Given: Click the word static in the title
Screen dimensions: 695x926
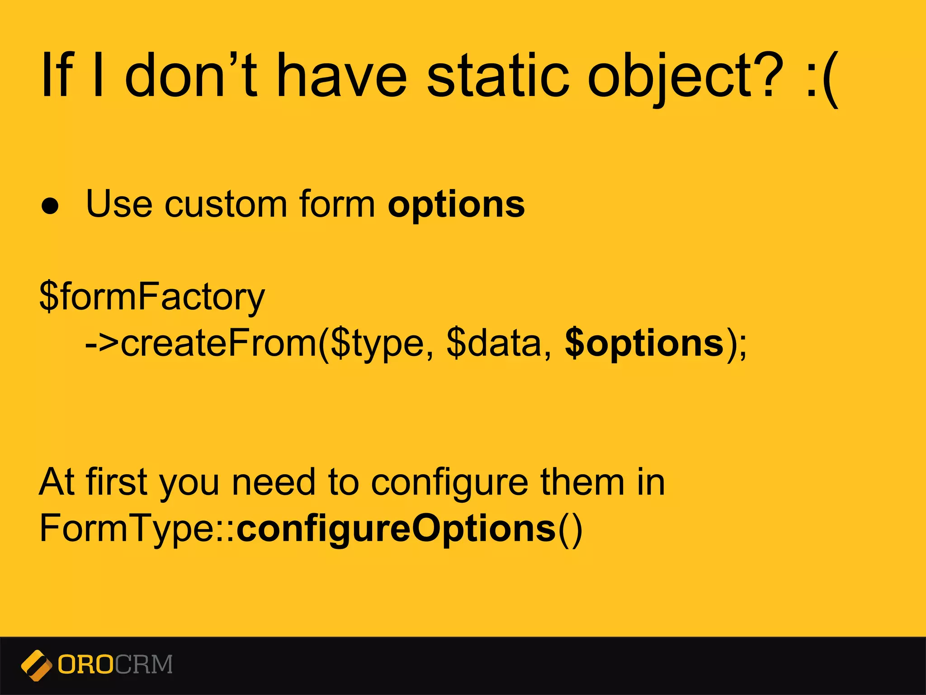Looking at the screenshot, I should (497, 76).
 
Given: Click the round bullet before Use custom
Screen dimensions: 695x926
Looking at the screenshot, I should (50, 206).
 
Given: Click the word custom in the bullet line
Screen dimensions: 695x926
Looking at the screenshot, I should (226, 205).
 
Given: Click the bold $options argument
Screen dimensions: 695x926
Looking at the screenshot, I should (644, 344).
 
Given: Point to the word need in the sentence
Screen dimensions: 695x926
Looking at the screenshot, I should (273, 482).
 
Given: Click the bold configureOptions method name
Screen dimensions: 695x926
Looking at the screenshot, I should (396, 528).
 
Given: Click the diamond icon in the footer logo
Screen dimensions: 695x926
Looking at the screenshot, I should (36, 665).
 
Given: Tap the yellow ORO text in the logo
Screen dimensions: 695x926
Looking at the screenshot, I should (85, 665).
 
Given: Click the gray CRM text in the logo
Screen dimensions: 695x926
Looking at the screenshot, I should (144, 665).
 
